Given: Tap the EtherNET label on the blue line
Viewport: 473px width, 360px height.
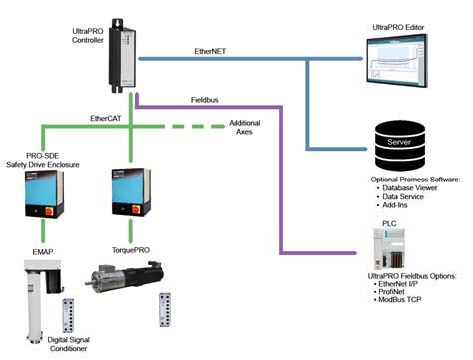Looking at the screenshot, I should (x=214, y=48).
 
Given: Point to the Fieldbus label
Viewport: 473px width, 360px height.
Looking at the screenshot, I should (x=206, y=100).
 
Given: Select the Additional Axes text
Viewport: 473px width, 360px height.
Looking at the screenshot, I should (x=244, y=127).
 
